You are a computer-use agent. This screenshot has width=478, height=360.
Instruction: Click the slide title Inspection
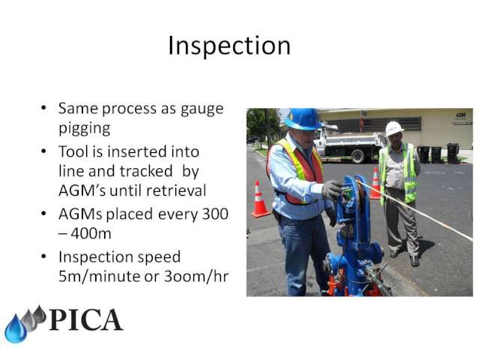[x=229, y=46]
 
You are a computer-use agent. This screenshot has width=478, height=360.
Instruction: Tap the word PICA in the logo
[x=86, y=319]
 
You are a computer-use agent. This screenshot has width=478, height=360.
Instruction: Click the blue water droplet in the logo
[x=15, y=329]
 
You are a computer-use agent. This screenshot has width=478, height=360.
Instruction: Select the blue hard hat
[x=303, y=119]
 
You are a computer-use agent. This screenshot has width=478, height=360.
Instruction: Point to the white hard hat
[x=394, y=128]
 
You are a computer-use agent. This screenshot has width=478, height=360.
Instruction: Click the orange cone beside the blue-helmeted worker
[x=260, y=199]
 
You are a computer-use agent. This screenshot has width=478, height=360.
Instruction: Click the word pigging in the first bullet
[x=85, y=128]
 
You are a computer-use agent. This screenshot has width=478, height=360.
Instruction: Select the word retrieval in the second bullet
[x=176, y=190]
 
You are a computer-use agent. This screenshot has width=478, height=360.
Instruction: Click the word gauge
[x=202, y=110]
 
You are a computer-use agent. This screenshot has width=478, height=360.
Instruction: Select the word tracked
[x=146, y=171]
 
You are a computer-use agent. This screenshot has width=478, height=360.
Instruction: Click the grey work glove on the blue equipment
[x=332, y=190]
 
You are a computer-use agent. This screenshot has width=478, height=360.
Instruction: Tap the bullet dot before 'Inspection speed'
[x=44, y=256]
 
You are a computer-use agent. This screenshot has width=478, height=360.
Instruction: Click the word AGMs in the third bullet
[x=80, y=214]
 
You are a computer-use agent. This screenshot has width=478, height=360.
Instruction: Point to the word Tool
[x=73, y=151]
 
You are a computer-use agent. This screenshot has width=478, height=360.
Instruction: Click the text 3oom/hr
[x=196, y=277]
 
